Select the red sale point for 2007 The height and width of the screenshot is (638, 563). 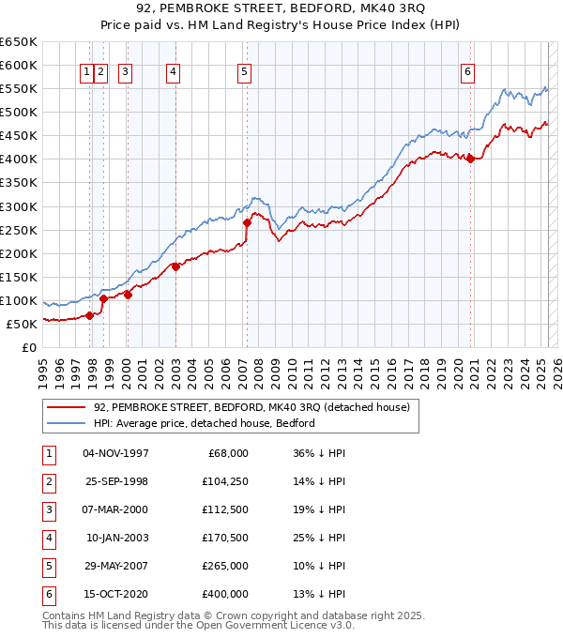[x=247, y=222]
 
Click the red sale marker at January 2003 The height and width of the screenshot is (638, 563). [x=175, y=266]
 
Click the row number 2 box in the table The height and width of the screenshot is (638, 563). [x=47, y=481]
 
